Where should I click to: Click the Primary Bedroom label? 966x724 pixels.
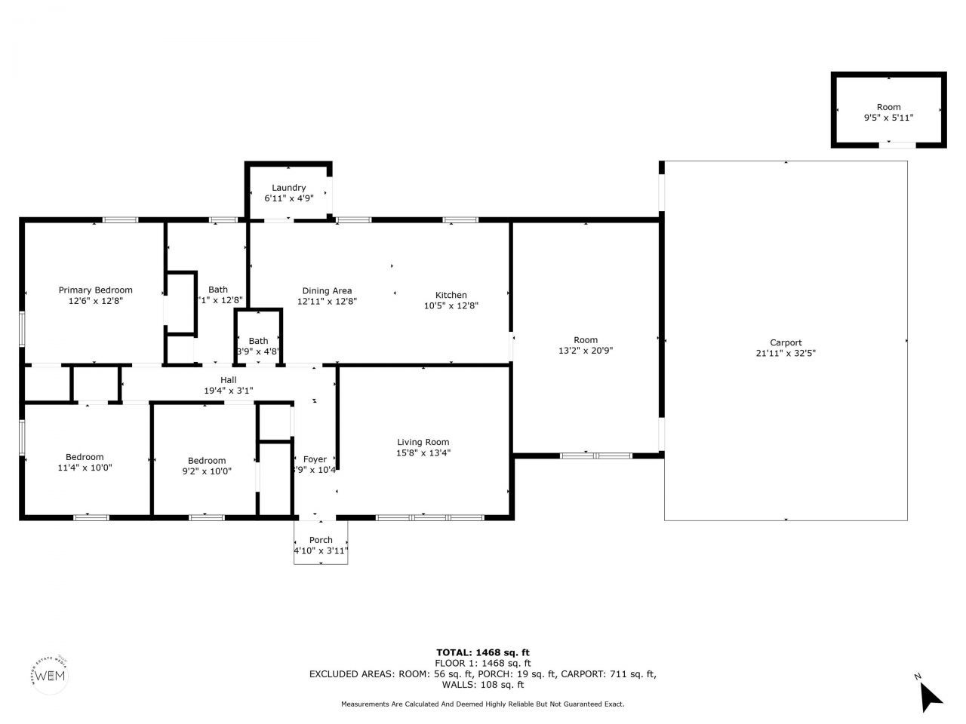point(96,290)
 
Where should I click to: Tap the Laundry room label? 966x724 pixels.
point(288,188)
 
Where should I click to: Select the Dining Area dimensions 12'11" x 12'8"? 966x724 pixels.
point(327,301)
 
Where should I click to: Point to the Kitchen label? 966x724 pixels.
point(451,295)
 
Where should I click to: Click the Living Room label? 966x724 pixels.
point(423,442)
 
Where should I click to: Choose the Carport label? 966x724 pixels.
point(786,342)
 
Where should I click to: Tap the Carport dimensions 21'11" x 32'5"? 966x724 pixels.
point(786,353)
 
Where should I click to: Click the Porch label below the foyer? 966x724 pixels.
point(321,540)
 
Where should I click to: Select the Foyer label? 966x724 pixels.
point(315,459)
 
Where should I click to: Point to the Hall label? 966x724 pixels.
point(228,380)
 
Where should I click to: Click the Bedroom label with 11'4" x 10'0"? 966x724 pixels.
point(85,457)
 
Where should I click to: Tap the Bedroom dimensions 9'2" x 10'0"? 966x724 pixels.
point(207,471)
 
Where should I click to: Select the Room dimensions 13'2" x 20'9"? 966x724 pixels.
point(585,351)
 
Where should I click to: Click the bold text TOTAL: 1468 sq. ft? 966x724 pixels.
point(483,652)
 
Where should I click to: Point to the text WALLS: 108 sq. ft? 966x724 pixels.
point(483,685)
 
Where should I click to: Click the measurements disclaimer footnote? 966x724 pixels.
point(483,704)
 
